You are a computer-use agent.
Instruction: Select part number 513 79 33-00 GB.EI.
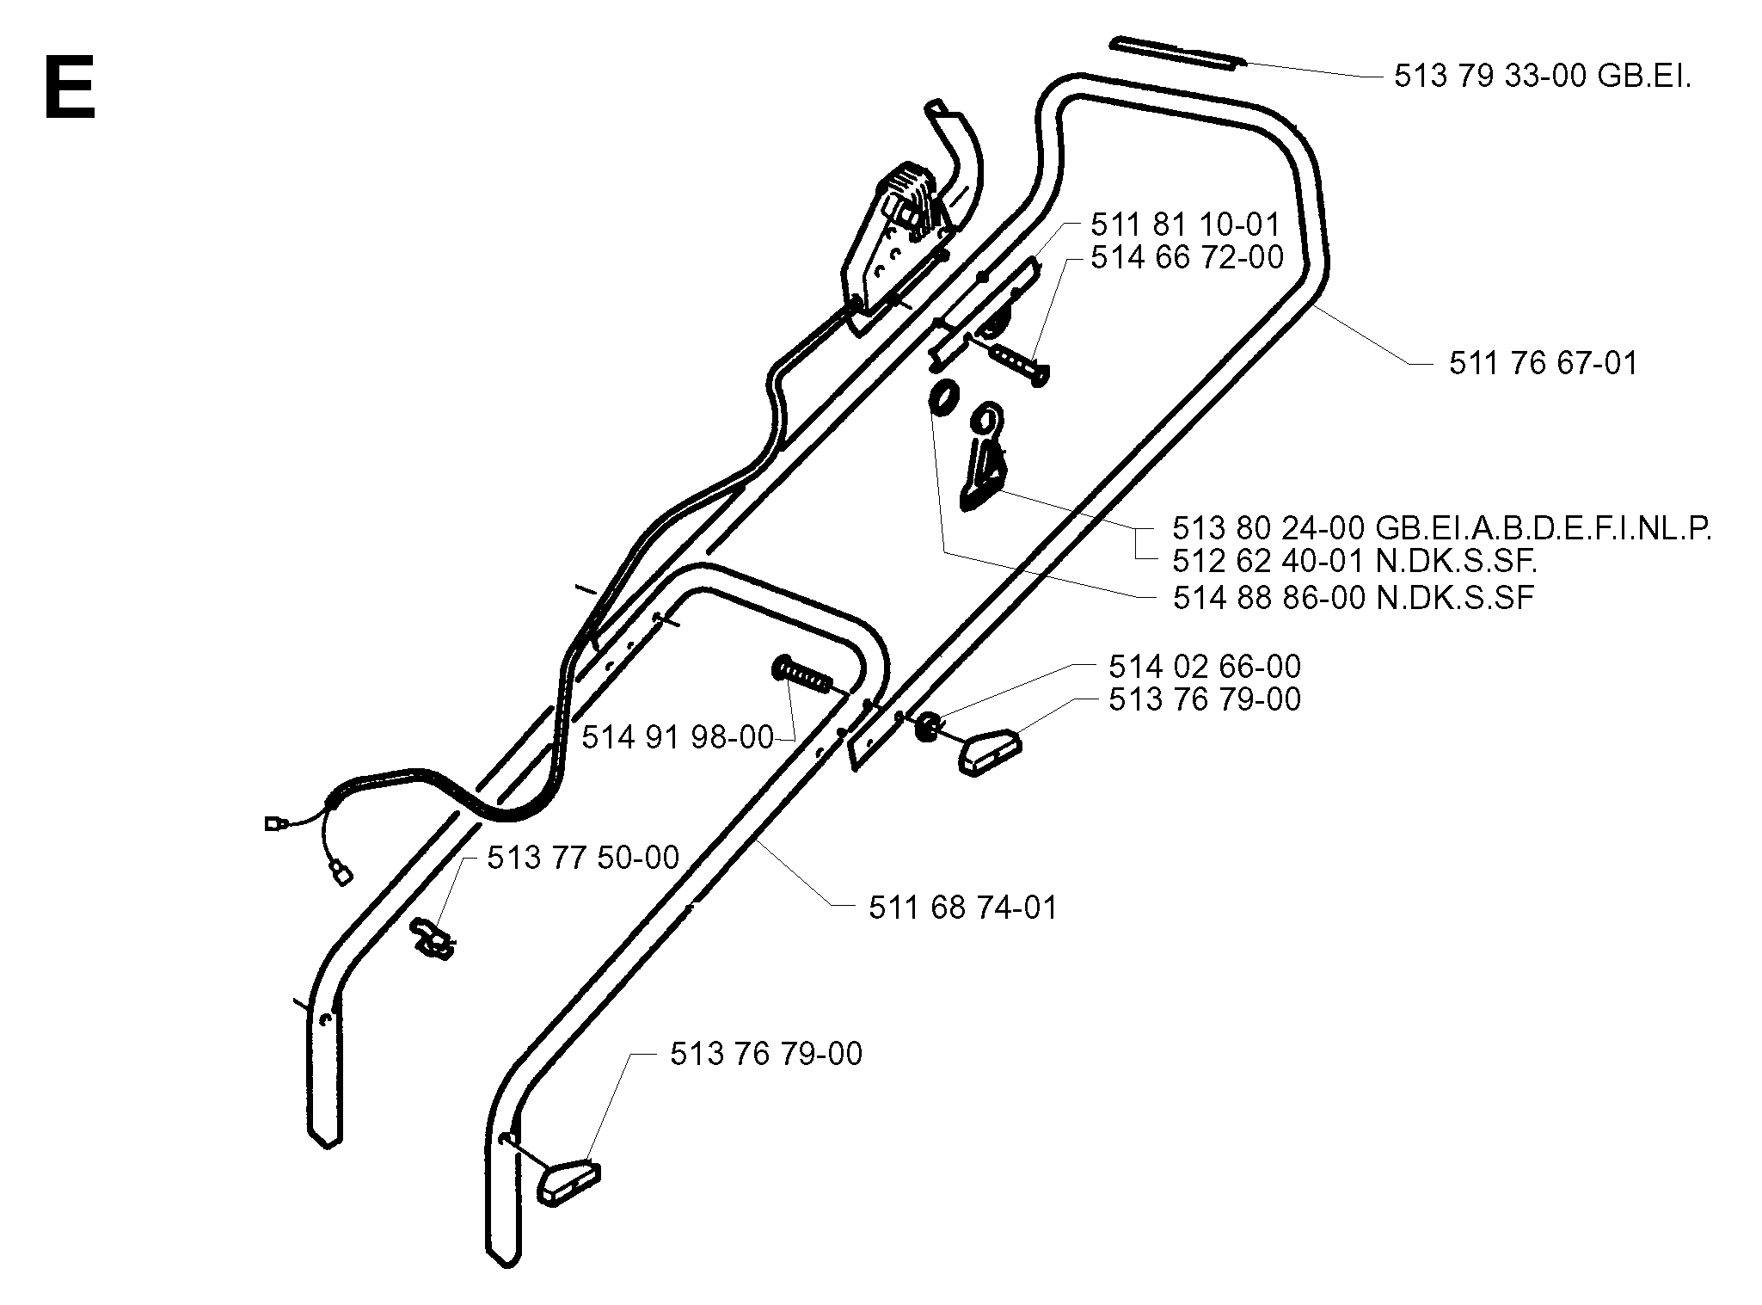[1542, 77]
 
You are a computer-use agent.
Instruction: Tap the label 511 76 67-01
[1544, 363]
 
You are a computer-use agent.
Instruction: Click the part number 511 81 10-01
[1186, 225]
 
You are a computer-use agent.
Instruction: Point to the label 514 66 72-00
[1187, 256]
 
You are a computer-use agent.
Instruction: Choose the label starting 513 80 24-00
[1441, 528]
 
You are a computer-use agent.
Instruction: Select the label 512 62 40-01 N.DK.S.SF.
[1354, 561]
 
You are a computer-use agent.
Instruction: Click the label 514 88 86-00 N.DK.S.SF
[1354, 597]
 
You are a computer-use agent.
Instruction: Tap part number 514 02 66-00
[1205, 666]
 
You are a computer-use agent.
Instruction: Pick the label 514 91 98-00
[678, 737]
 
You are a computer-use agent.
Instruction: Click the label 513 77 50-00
[583, 858]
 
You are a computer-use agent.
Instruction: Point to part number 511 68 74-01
[962, 908]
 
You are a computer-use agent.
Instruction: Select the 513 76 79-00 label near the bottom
[766, 1054]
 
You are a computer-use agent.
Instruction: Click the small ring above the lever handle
[943, 397]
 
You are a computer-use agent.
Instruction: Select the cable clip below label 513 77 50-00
[433, 937]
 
